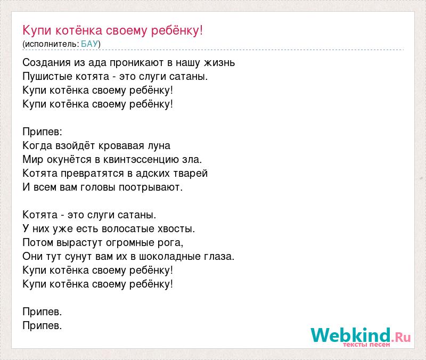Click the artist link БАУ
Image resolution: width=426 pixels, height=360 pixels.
[89, 44]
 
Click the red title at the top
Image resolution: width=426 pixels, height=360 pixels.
[113, 30]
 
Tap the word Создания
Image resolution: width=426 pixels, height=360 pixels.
[47, 63]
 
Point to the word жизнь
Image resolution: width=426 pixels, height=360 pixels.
[219, 63]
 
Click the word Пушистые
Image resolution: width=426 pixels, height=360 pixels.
[47, 77]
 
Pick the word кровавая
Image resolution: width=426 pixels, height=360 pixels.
[121, 146]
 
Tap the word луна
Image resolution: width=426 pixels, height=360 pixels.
[159, 146]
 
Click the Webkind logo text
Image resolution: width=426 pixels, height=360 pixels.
[350, 335]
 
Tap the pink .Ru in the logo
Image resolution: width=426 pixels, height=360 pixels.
[401, 337]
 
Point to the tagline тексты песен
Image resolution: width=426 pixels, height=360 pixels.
[366, 345]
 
